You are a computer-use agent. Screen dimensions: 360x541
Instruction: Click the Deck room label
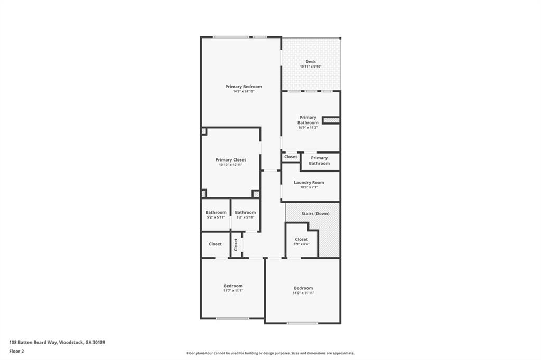pos(311,62)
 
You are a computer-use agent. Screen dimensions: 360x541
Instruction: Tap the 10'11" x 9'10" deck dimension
pos(311,67)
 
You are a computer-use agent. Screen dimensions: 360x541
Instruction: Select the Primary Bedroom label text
pos(244,87)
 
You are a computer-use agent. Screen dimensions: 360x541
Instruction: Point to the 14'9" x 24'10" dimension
pos(244,91)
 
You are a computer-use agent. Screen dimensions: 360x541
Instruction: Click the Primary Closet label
pos(230,160)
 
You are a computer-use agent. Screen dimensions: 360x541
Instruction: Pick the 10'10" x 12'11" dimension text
pos(230,165)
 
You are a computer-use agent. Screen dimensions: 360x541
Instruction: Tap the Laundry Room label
pos(309,182)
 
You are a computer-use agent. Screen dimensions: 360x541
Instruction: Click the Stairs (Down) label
pos(315,214)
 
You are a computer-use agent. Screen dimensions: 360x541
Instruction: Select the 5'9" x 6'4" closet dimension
pos(301,244)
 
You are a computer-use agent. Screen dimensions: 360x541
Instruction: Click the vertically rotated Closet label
pos(236,244)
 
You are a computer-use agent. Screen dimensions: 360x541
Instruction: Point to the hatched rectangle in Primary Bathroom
pos(331,120)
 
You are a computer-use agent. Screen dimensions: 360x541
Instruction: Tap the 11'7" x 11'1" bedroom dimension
pos(233,290)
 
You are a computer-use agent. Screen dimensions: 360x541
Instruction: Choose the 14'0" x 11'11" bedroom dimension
pos(303,293)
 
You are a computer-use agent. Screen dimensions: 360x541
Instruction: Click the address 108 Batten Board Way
pos(57,342)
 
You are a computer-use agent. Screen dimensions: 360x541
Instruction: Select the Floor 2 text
pos(16,351)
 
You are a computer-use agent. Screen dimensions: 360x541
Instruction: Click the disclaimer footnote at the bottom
pos(270,353)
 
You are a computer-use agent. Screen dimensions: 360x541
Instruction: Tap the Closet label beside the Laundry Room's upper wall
pos(291,157)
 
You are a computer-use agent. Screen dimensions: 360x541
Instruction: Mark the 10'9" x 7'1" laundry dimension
pos(309,187)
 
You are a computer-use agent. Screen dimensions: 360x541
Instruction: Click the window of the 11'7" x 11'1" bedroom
pos(232,318)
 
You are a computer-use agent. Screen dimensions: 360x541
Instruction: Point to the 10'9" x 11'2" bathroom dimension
pos(308,127)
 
